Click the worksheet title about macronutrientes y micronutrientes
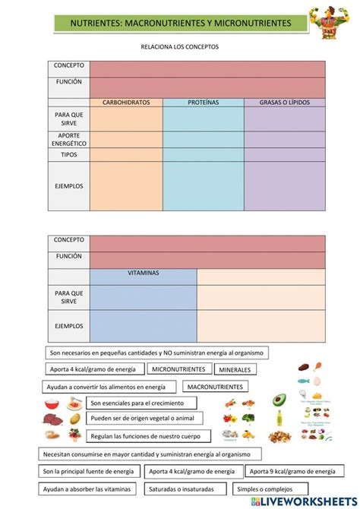(x=180, y=24)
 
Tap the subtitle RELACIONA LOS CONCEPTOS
(x=179, y=47)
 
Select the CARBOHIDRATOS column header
(x=126, y=103)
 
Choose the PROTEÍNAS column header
(x=203, y=103)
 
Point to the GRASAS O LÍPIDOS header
(x=284, y=103)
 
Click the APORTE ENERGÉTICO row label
(x=69, y=139)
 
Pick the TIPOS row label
(x=69, y=155)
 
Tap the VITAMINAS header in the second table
(x=143, y=273)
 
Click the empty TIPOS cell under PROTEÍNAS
(x=203, y=155)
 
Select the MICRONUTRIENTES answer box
(x=178, y=369)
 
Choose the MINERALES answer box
(x=236, y=370)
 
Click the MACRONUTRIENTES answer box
(x=214, y=387)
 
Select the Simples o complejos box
(x=264, y=489)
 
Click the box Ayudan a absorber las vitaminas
(x=90, y=489)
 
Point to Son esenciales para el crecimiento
(x=136, y=403)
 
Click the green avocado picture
(x=279, y=400)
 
